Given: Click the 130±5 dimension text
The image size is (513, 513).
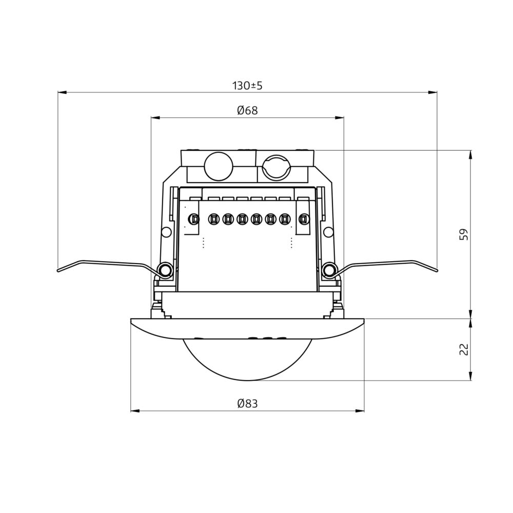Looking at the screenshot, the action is tap(247, 86).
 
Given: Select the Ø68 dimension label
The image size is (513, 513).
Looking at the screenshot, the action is tap(247, 111).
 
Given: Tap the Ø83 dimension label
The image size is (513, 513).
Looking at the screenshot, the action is tap(247, 404).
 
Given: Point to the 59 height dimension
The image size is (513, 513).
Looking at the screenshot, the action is tap(464, 234).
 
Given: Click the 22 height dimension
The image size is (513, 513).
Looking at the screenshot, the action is tap(464, 349).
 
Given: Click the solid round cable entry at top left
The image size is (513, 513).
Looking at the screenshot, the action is tap(219, 166).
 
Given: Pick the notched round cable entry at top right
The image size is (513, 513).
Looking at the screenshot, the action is tap(277, 167).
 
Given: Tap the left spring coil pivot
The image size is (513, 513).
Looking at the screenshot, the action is tap(165, 270).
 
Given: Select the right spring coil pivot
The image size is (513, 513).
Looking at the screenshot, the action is tap(329, 270).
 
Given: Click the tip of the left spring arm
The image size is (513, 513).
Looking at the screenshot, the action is tap(58, 270).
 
